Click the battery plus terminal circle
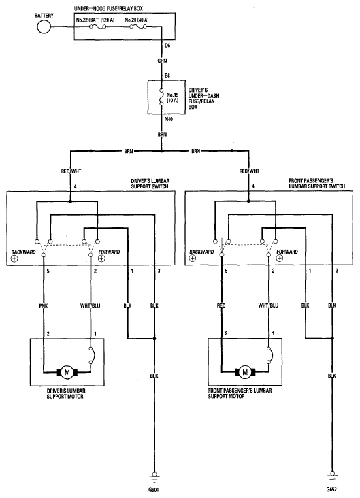pos(44,27)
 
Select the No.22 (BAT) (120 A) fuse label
pos(95,20)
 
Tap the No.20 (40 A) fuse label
pos(136,20)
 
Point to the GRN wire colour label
pos(162,61)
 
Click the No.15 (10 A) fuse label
pos(173,97)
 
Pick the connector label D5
pos(167,46)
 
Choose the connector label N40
pos(169,120)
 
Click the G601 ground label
pos(154,489)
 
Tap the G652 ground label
pos(331,489)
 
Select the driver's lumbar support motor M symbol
pos(67,372)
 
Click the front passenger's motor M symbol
pos(245,372)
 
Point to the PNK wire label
pos(44,306)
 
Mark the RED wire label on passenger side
pos(221,305)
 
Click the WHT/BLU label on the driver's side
pos(91,306)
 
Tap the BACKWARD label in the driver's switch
pos(24,252)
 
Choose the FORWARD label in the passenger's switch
pos(287,252)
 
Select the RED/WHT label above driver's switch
pos(71,171)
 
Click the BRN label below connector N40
pos(162,135)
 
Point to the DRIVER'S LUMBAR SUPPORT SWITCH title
pos(150,184)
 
